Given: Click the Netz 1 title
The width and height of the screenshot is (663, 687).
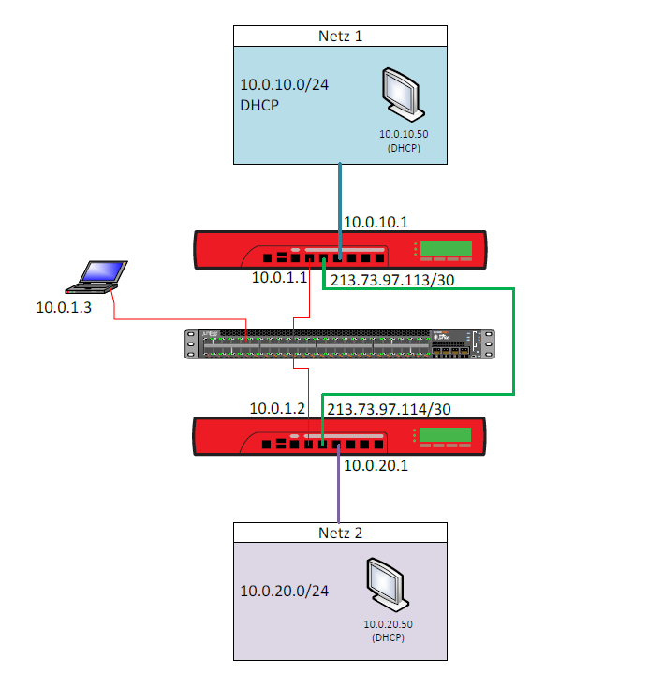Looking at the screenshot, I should [x=340, y=37].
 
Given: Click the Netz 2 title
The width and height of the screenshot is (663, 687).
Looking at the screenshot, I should [x=340, y=533].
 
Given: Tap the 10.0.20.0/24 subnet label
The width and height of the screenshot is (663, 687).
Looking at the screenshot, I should [x=284, y=591].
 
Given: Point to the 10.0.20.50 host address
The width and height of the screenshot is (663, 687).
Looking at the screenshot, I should [x=386, y=623].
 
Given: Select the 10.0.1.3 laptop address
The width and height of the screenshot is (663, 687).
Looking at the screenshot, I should [x=64, y=307].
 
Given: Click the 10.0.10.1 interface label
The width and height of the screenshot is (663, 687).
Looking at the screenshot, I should [x=376, y=222].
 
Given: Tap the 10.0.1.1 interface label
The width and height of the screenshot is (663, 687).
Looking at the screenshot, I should [x=279, y=278].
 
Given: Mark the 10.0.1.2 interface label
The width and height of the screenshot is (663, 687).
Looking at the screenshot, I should [x=277, y=408].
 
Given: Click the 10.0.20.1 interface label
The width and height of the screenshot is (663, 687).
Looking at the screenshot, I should [x=376, y=464].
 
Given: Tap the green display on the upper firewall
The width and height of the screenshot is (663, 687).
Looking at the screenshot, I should [x=446, y=248].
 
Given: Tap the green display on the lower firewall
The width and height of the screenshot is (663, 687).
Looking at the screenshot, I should [x=446, y=435].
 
